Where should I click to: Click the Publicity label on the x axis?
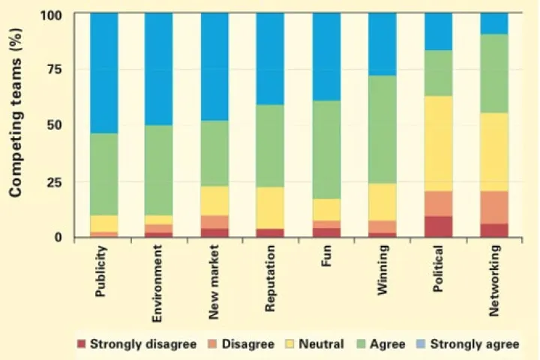pos(100,271)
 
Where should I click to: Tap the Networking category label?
pos(493,280)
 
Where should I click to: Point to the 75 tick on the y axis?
pos(54,69)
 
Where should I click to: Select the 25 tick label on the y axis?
pos(54,181)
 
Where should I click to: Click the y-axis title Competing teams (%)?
pos(16,112)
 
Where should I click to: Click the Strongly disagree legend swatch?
pos(81,343)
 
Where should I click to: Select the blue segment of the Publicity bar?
pos(104,73)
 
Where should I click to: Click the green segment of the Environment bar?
pos(159,170)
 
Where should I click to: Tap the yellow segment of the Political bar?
pos(439,144)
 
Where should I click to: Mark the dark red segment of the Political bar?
pos(439,226)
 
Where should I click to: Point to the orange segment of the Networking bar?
pos(494,208)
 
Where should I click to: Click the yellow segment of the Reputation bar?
pos(270,208)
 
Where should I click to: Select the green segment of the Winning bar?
pos(382,130)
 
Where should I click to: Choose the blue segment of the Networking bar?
pos(494,24)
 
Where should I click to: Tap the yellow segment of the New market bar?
pos(214,201)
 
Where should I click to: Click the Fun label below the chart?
pos(325,256)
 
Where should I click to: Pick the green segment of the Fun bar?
pos(326,150)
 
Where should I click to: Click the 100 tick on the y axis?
pos(51,16)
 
